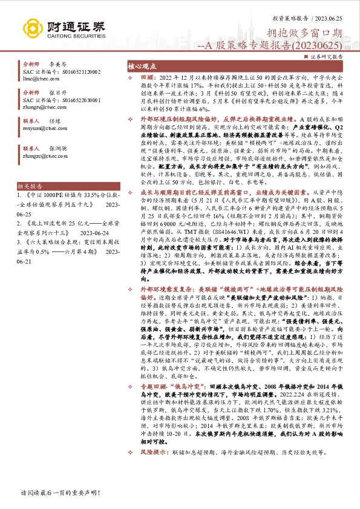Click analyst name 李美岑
pyautogui.click(x=57, y=63)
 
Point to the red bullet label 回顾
pyautogui.click(x=148, y=79)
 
